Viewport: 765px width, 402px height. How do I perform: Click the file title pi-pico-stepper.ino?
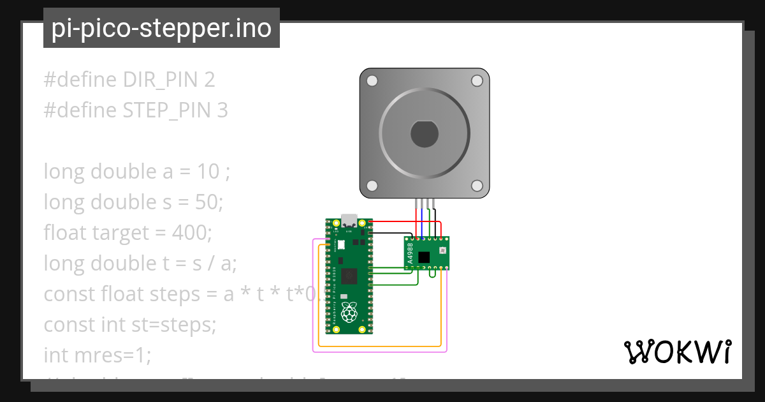(x=161, y=29)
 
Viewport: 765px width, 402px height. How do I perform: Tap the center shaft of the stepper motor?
(x=424, y=133)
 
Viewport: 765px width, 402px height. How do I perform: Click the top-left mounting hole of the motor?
(x=372, y=81)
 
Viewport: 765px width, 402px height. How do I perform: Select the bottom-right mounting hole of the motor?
(x=477, y=185)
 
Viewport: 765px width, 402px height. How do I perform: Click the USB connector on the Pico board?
(x=349, y=221)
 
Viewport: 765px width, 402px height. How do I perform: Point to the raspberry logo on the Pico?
(x=348, y=313)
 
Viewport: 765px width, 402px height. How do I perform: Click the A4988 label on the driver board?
(x=411, y=253)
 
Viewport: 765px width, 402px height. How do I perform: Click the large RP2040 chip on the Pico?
(x=349, y=276)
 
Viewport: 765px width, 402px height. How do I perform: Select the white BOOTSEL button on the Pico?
(x=340, y=244)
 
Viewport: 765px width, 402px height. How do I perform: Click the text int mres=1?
(x=98, y=355)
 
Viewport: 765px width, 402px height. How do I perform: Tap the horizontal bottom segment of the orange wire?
(x=379, y=346)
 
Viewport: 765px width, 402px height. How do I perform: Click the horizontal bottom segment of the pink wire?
(x=379, y=352)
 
